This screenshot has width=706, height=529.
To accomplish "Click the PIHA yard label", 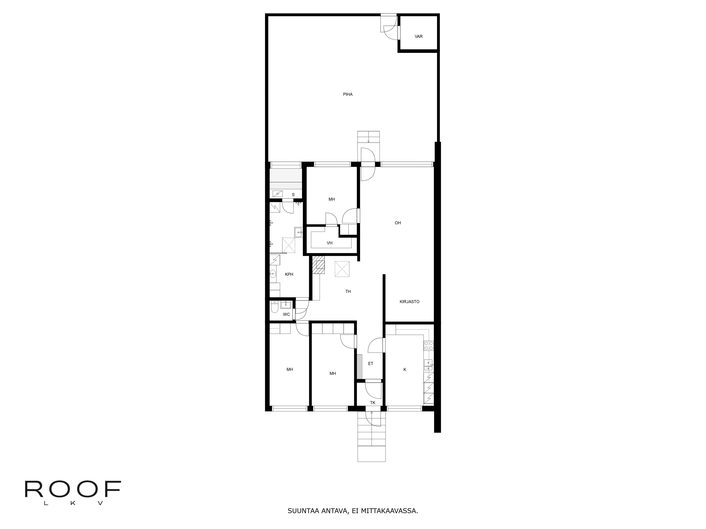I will pos(348,94).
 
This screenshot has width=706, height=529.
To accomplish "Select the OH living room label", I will pos(398,223).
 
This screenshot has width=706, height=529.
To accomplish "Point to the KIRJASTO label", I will pos(409,302).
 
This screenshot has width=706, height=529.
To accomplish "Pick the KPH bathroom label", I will pos(289,274).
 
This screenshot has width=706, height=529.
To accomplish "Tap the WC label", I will pos(286,314).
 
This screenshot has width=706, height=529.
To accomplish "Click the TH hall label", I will pos(348,291).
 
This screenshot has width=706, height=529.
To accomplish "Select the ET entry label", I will pos(370,363).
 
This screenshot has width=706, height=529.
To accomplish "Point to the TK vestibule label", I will pos(372,403).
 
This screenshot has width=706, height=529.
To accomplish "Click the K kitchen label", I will pos(405,370).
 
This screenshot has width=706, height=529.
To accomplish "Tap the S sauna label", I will pos(293,194).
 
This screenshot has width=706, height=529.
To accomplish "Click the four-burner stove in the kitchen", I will pos(429,346).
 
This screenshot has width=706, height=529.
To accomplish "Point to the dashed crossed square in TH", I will pos(342,269).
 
